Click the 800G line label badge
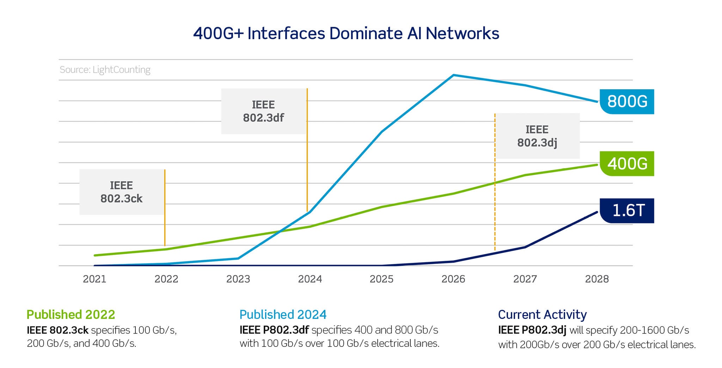[627, 102]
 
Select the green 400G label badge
[627, 164]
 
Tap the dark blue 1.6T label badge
[627, 211]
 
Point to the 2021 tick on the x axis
[94, 279]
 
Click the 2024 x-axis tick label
[310, 279]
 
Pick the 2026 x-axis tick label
[453, 279]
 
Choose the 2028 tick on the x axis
[597, 279]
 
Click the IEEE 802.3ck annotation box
[122, 192]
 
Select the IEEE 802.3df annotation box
[263, 111]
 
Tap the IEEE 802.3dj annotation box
[537, 136]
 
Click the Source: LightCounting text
[105, 70]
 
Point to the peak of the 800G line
[454, 75]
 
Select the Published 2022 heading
[71, 314]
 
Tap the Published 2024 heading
[283, 314]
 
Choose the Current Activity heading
[542, 314]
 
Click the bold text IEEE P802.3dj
[532, 330]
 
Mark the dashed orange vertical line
[495, 212]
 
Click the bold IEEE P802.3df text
[274, 330]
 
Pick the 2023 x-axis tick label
[238, 279]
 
